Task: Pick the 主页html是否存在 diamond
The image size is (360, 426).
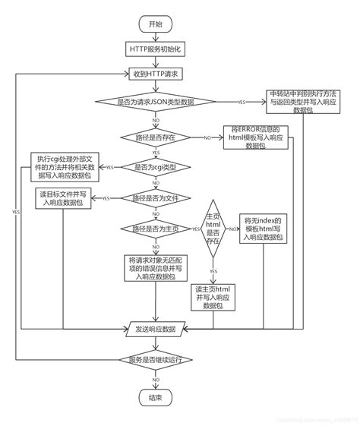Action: click(x=213, y=229)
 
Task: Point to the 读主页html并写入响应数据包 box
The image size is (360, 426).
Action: click(x=213, y=295)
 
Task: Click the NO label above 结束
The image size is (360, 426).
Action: click(x=156, y=379)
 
